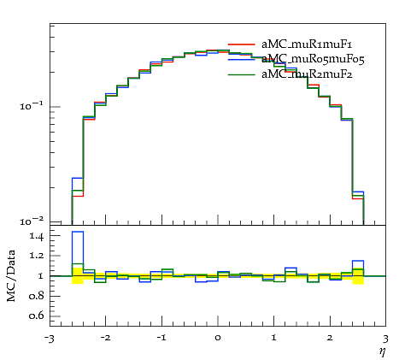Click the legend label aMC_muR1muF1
pos(307,44)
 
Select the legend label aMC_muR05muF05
pos(313,59)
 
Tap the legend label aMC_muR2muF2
pos(307,74)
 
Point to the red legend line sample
pos(242,44)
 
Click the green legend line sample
pos(242,74)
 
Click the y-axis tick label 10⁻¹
pos(32,106)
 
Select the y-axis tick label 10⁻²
pos(32,221)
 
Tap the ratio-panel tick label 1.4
pos(37,236)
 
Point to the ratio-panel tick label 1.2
pos(37,255)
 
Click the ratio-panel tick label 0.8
pos(37,296)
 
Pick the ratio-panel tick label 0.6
pos(37,316)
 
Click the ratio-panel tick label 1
pos(41,276)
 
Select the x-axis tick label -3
pos(50,338)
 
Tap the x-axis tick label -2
pos(105,338)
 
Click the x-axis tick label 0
pos(218,338)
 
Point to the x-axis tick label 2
pos(330,338)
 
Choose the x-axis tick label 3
pos(385,339)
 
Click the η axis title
pos(382,351)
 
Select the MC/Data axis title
pos(11,275)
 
